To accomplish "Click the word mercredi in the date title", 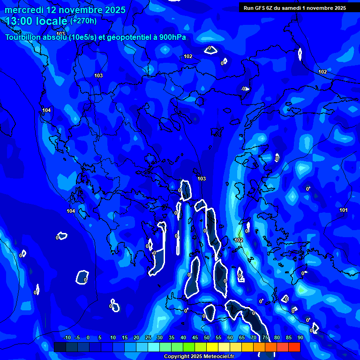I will point(23,10).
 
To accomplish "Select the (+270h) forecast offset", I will point(83,21).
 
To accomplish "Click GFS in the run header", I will point(261,8).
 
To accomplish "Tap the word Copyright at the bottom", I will point(177,357).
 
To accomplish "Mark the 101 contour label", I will point(344,210).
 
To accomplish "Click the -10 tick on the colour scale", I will point(67,338).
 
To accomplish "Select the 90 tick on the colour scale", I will point(300,338).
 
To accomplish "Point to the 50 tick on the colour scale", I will point(206,338).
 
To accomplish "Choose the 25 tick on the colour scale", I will point(148,338).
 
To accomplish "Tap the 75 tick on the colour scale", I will point(265,338).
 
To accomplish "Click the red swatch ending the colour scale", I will point(294,347).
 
